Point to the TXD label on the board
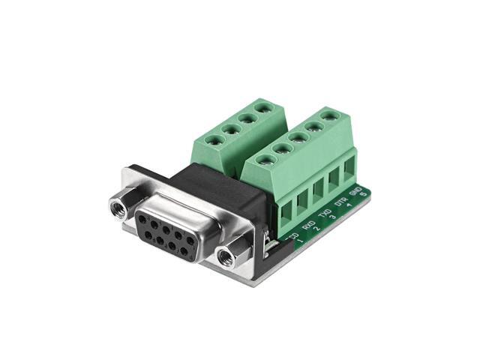point(323,212)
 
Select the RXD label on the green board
point(307,223)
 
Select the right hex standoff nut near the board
point(226,256)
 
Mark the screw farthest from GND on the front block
point(264,159)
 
